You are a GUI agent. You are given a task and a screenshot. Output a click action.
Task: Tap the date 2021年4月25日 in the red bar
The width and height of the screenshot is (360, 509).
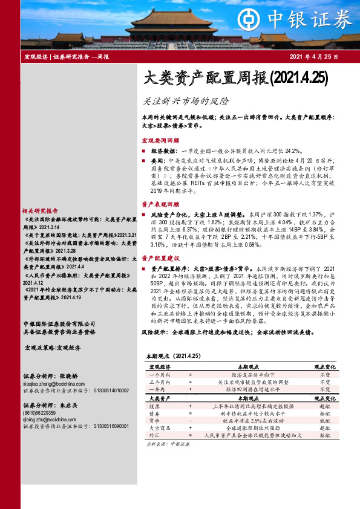(314, 57)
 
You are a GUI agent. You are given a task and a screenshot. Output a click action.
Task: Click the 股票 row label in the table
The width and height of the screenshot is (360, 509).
(154, 407)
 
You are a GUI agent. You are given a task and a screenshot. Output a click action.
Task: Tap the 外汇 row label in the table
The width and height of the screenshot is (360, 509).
(154, 435)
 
